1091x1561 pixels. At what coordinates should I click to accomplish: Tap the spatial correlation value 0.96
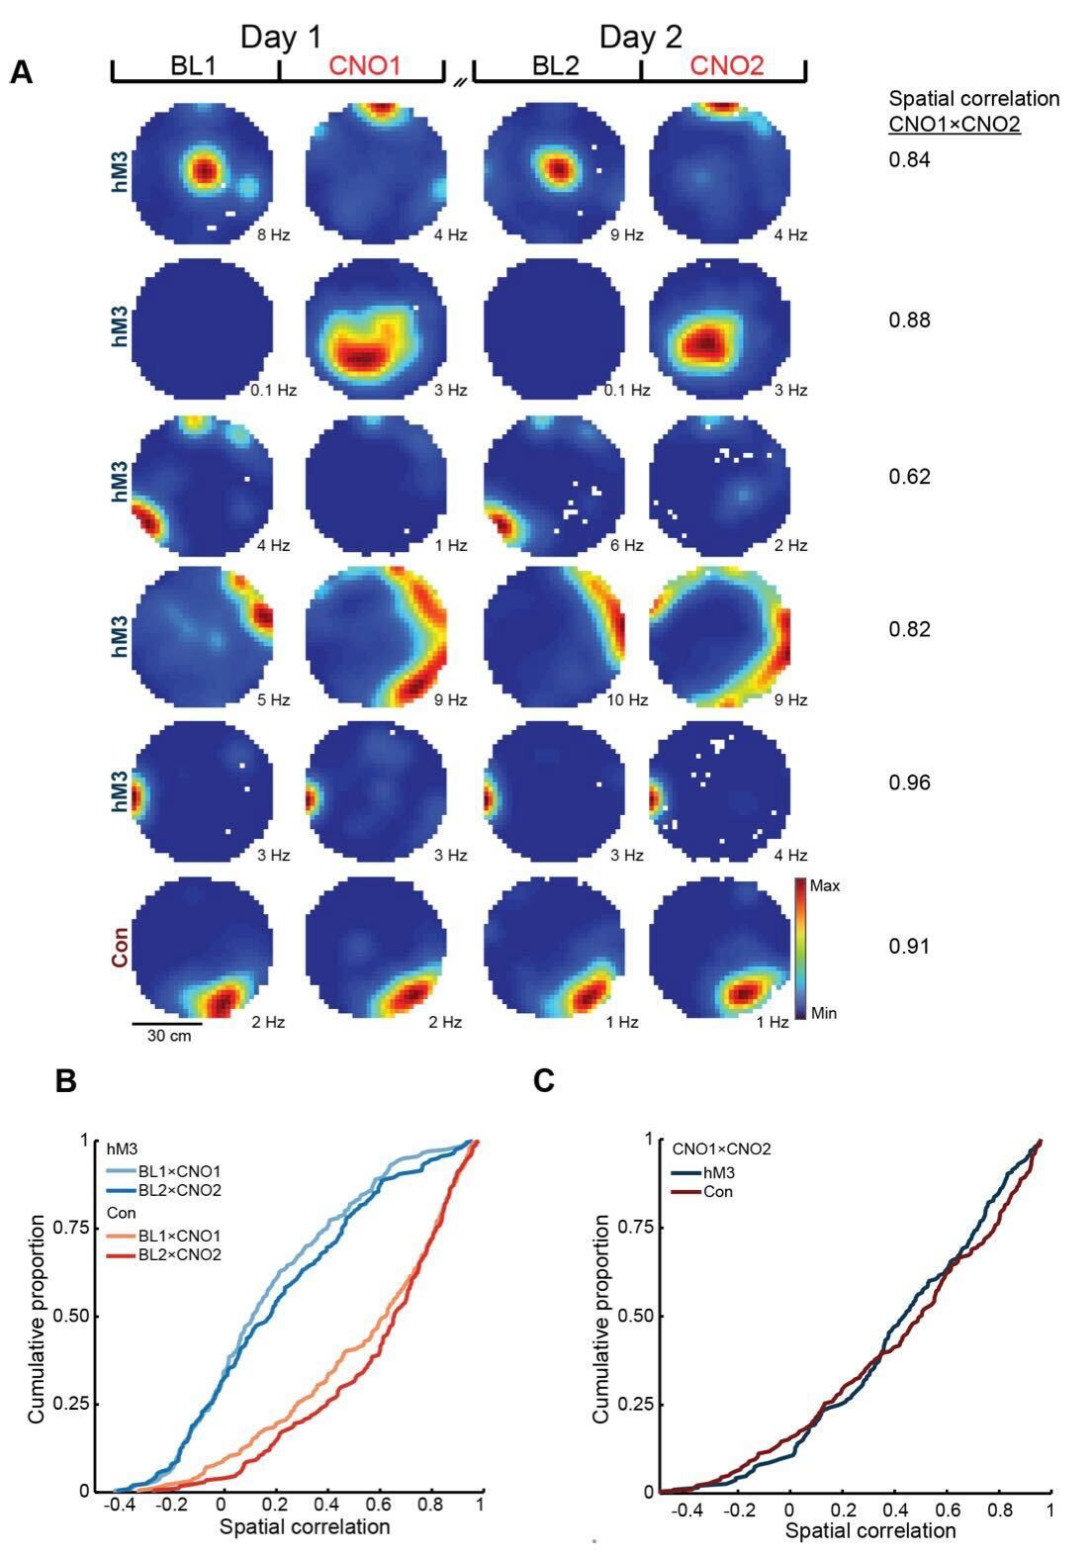pos(909,782)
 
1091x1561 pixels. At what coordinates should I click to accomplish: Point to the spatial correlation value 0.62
pos(909,477)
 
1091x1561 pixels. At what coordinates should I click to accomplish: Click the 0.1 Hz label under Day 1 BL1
pos(273,390)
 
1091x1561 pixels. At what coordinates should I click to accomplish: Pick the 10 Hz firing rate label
pos(627,700)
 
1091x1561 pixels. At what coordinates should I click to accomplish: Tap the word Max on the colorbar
pos(824,886)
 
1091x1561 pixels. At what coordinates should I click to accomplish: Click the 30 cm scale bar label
pos(168,1037)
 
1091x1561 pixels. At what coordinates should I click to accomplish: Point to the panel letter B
pos(66,1081)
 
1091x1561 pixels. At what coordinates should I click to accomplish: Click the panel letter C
pos(544,1081)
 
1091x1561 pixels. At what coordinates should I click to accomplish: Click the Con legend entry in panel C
pos(719,1192)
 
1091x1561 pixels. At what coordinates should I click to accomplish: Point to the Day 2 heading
pos(641,38)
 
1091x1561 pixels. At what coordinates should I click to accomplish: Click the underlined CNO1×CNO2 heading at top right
pos(954,125)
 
